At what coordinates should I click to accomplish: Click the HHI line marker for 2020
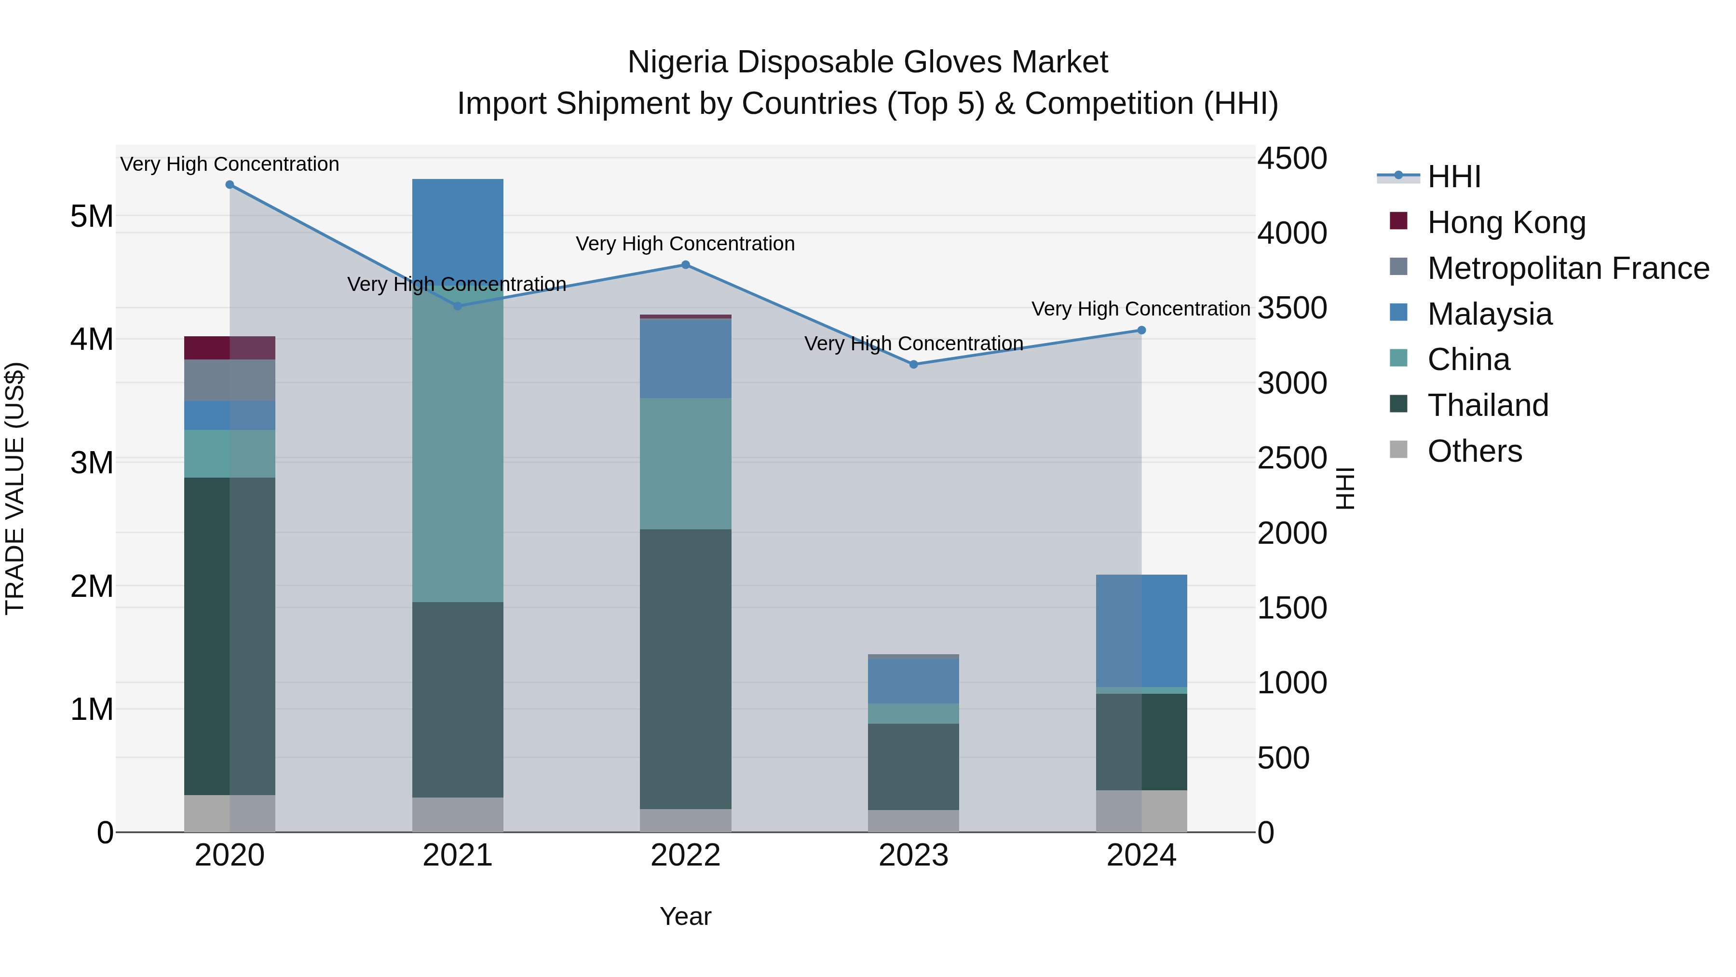tap(230, 185)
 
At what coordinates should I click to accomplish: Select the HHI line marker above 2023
tap(914, 365)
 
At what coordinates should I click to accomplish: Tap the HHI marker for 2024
tap(1141, 330)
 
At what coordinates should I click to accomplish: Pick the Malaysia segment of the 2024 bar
tap(1141, 631)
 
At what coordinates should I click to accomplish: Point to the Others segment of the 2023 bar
tap(913, 821)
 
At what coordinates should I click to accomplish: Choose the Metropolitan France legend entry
tap(1568, 268)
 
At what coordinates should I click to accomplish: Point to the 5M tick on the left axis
tap(92, 217)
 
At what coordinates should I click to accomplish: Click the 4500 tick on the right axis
tap(1292, 159)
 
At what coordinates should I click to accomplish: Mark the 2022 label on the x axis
tap(685, 855)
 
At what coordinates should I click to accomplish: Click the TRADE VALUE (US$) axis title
tap(15, 488)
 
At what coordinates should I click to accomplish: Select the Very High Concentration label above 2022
tap(685, 244)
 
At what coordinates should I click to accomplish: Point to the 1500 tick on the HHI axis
tap(1292, 608)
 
